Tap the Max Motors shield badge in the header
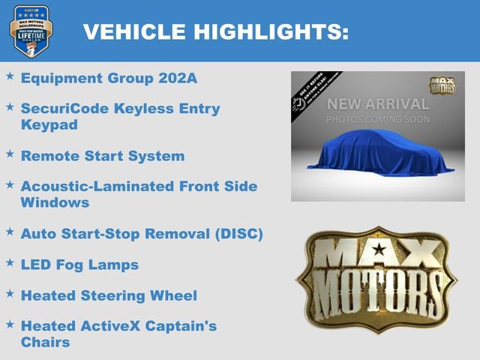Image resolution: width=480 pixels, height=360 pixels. click(31, 31)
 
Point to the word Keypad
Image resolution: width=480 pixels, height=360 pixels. click(49, 124)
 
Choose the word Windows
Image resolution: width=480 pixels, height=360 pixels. click(55, 202)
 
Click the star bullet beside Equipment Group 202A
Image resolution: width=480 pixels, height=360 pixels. click(10, 76)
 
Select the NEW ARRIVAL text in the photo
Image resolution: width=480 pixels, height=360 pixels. click(377, 104)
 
